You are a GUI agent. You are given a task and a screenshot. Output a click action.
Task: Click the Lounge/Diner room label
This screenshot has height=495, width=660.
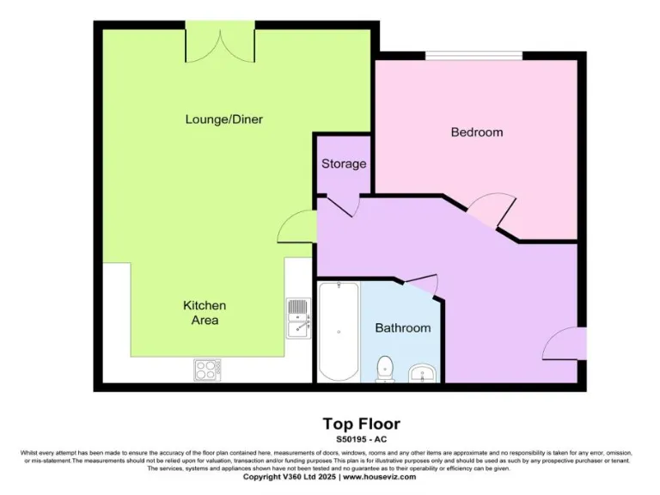pos(223,119)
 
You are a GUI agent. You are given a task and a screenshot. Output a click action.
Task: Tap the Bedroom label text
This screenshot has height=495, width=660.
pos(477,132)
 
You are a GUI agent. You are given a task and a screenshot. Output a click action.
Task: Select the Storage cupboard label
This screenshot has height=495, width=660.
pos(344,163)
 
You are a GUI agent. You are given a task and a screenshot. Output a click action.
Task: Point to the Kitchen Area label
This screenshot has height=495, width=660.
pos(205,313)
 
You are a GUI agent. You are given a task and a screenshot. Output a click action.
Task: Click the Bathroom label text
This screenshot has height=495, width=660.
pos(402,327)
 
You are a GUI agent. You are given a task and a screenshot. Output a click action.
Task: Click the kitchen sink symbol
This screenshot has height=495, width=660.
pos(298,317)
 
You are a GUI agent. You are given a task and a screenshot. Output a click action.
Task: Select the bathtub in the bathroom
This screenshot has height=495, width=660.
pos(338,331)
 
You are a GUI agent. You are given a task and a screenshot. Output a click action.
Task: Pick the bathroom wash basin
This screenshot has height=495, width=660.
pos(422,372)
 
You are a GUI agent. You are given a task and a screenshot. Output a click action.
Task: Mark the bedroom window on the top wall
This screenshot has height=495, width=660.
pos(474,57)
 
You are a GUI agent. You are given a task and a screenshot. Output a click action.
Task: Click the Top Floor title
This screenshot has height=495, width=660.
pos(361,424)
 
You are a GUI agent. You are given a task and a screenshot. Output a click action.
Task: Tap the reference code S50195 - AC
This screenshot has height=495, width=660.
pos(361,439)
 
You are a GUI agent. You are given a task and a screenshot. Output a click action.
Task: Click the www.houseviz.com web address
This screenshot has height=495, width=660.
pos(380,476)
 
